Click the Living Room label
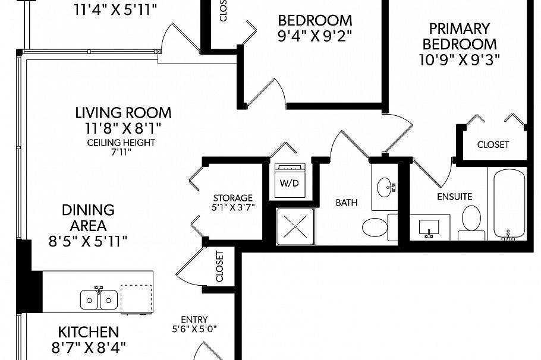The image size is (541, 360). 123,112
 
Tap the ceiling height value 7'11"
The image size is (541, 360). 121,152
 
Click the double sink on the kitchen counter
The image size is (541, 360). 99,299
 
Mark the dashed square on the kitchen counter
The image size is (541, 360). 136,299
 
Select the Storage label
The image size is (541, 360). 233,198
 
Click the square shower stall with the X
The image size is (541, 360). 294,226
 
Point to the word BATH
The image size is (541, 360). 346,203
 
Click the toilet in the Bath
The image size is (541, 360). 375,227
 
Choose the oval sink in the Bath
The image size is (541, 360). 383,188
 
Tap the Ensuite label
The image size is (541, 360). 454,196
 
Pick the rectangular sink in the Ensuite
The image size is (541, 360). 429,227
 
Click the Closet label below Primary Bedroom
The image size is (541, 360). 493,144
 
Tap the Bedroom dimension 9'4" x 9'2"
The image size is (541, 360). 314,35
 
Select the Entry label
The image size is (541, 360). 194,318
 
